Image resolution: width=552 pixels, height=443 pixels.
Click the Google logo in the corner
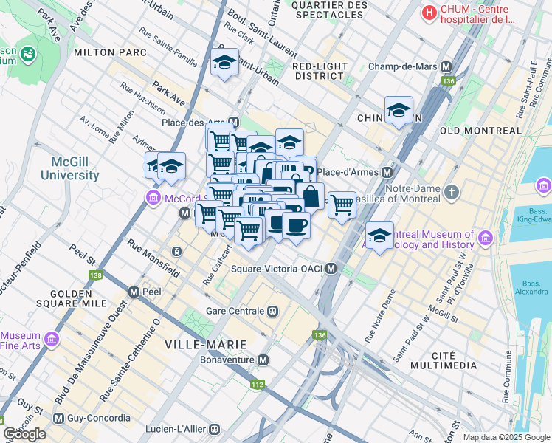pyautogui.click(x=24, y=434)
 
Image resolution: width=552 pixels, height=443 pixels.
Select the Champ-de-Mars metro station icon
pyautogui.click(x=446, y=66)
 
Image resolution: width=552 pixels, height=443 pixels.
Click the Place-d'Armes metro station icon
pyautogui.click(x=387, y=172)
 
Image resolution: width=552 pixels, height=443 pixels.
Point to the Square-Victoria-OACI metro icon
pyautogui.click(x=332, y=269)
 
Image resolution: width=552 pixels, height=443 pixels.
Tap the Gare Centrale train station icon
pyautogui.click(x=273, y=311)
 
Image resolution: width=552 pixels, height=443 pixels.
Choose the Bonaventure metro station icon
pyautogui.click(x=263, y=360)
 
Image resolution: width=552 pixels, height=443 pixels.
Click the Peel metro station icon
pyautogui.click(x=134, y=292)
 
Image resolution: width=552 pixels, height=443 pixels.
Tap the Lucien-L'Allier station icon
pyautogui.click(x=215, y=428)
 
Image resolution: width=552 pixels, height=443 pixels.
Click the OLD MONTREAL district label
pyautogui.click(x=480, y=131)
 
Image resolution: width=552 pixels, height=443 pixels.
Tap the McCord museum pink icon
pyautogui.click(x=153, y=197)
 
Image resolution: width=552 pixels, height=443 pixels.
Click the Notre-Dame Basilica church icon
pyautogui.click(x=452, y=193)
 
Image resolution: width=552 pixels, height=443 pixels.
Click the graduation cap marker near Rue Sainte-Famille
pyautogui.click(x=224, y=63)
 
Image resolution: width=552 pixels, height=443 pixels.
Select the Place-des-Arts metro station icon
pyautogui.click(x=234, y=122)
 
